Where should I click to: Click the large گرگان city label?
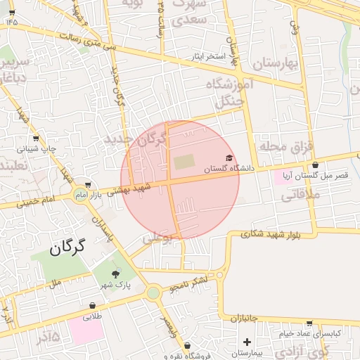pos(68,247)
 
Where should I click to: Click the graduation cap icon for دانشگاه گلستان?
pos(229,157)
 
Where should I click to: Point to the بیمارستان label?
pos(247,352)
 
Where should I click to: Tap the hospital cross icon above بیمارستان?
pos(247,342)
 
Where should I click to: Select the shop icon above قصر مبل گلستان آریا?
pos(315,165)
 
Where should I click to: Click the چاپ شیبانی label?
pos(35,149)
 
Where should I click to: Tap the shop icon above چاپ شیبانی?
pos(36,139)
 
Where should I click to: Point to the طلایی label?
pos(93,316)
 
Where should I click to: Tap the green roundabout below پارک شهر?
pos(153,292)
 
